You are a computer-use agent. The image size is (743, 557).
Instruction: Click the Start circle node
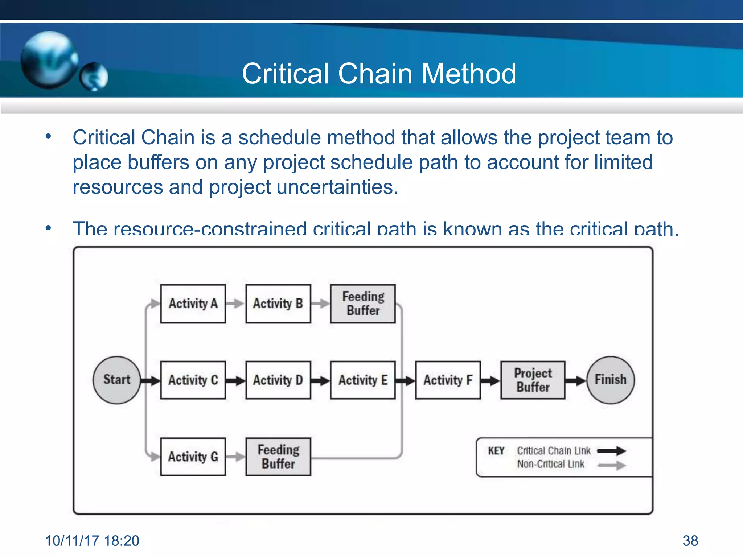(x=116, y=380)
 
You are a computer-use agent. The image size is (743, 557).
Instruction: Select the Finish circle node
(x=610, y=380)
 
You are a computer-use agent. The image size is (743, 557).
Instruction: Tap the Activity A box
(x=193, y=304)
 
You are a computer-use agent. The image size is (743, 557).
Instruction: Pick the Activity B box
(x=278, y=304)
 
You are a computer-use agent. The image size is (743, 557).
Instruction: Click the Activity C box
(x=193, y=380)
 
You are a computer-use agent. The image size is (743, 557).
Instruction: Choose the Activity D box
(x=278, y=380)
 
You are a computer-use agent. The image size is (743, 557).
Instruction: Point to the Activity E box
(x=363, y=380)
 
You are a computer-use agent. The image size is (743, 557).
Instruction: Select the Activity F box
(x=448, y=380)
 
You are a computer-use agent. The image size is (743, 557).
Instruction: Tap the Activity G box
(x=193, y=457)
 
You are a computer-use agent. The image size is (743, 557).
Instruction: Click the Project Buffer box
(x=533, y=380)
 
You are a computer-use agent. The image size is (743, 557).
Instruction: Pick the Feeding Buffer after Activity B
(x=363, y=304)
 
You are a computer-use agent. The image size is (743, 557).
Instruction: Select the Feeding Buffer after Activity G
(x=278, y=457)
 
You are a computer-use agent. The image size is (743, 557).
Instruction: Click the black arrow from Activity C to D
(x=235, y=381)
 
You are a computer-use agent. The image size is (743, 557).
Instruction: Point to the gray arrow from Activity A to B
(x=235, y=304)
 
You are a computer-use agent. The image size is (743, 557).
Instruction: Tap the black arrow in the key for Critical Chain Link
(x=612, y=451)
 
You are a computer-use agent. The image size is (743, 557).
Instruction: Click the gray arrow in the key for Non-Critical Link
(x=612, y=465)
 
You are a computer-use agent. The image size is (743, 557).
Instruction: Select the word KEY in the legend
(x=496, y=451)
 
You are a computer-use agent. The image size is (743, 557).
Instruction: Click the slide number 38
(x=690, y=541)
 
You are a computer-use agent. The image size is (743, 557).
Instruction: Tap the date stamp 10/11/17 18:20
(x=92, y=541)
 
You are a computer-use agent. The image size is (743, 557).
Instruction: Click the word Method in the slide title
(x=468, y=74)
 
